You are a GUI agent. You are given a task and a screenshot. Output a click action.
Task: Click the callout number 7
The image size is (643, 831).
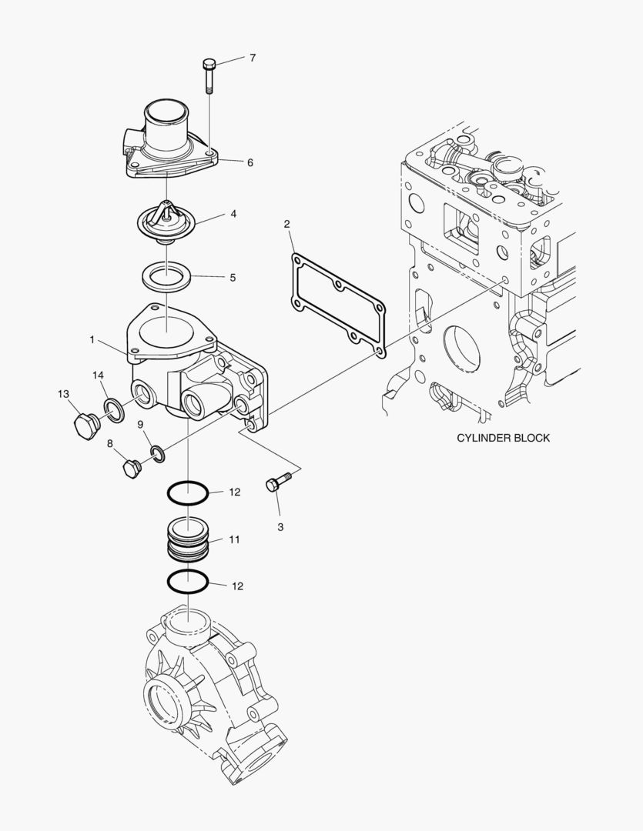[252, 58]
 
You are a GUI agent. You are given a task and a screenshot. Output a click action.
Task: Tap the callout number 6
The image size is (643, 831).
[249, 162]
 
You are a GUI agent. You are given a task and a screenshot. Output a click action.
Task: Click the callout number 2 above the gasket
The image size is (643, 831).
[286, 225]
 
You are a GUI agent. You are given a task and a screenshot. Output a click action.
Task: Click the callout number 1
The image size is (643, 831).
[92, 339]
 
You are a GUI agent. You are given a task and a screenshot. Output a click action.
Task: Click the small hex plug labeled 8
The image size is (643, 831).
[132, 467]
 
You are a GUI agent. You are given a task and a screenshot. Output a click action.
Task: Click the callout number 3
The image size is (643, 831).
[280, 527]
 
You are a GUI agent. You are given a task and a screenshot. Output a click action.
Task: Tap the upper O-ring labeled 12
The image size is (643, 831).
[187, 492]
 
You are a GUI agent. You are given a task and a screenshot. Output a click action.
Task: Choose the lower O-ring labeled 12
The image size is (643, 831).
[187, 582]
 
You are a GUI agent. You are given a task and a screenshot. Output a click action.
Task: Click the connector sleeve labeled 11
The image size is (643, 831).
[187, 539]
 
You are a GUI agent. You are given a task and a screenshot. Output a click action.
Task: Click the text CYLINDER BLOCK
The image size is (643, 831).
[503, 438]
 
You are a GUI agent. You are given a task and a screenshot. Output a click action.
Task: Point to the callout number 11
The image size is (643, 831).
[234, 539]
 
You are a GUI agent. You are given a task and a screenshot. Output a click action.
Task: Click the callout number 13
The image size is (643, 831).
[63, 394]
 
